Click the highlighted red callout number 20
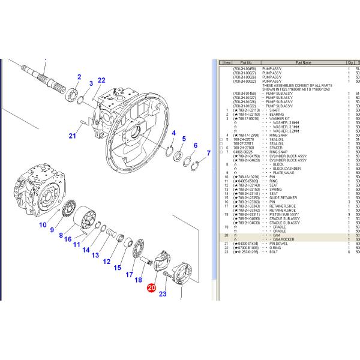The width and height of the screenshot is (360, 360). coord(151,289)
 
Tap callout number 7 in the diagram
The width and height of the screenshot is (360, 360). coord(209,153)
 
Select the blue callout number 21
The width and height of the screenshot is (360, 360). coord(73,136)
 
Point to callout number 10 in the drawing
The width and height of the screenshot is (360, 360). coord(43,225)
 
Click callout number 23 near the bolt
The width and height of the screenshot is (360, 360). coord(163,294)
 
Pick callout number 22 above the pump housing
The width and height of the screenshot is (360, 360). coord(101,80)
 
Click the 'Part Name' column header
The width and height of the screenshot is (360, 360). coord(303,62)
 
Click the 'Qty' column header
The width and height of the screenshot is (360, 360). coord(349,62)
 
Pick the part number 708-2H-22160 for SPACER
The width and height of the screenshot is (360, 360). coord(245,148)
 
